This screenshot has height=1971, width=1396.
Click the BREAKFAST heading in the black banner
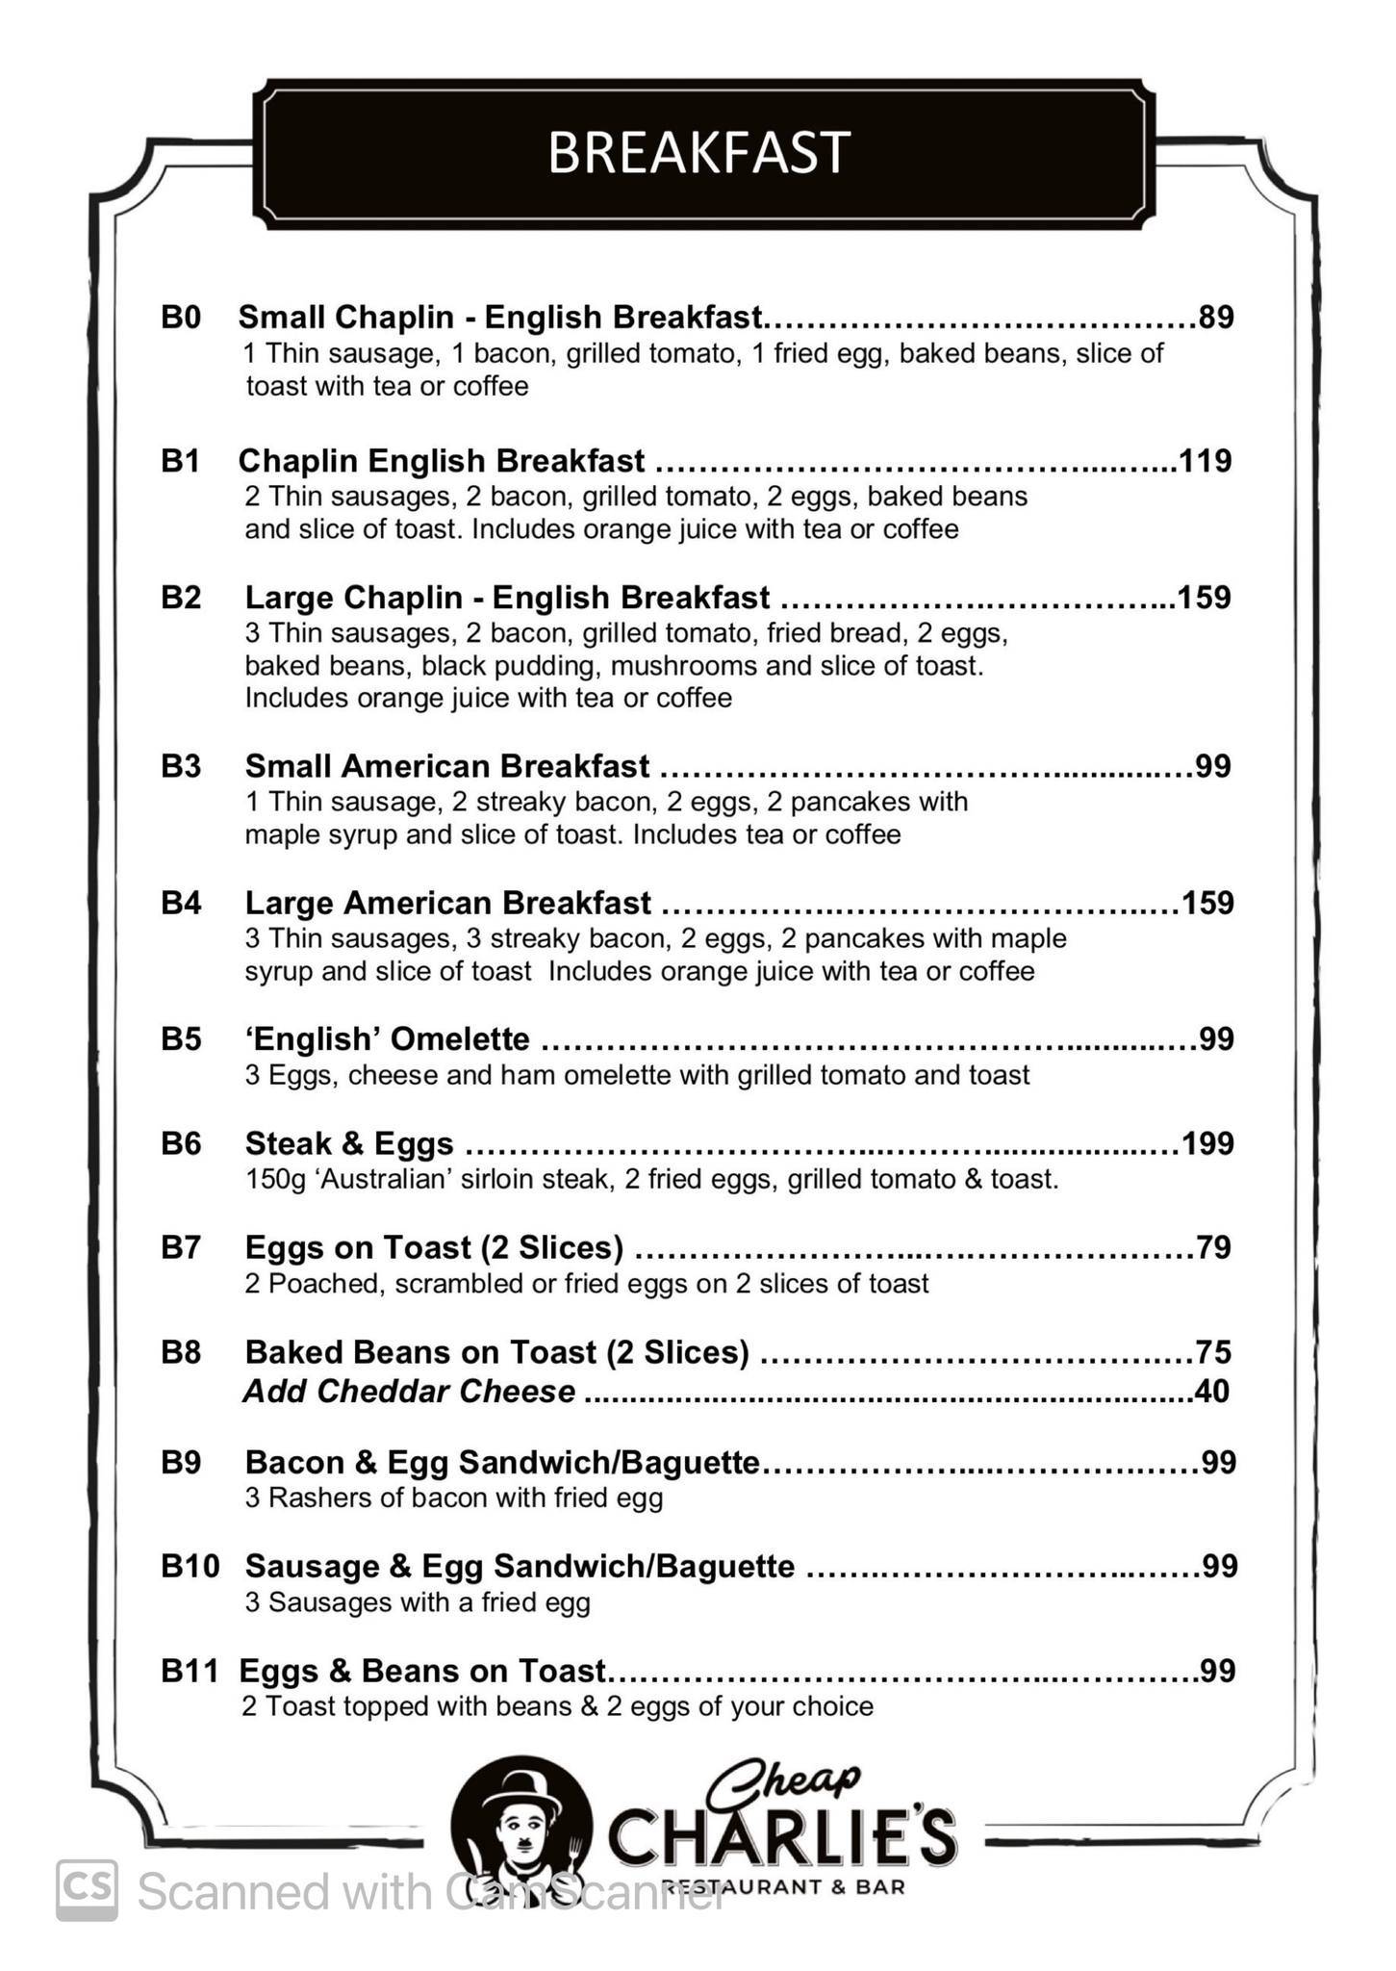698,153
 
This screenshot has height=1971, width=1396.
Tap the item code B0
181,317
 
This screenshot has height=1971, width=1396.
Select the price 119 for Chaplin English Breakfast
1206,461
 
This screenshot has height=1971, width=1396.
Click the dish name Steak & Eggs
349,1143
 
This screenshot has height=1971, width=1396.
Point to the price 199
1207,1143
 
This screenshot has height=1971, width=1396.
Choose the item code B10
190,1566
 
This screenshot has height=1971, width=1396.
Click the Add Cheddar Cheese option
409,1391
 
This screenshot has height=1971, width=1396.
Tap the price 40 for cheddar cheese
1211,1391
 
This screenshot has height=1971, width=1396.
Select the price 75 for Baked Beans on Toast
1213,1352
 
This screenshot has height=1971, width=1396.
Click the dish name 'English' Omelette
387,1039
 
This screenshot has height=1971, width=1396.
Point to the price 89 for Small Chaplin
1215,317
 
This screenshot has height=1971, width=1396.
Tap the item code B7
181,1247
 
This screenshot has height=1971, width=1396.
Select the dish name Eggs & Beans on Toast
422,1671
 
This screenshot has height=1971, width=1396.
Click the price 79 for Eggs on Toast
1214,1247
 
